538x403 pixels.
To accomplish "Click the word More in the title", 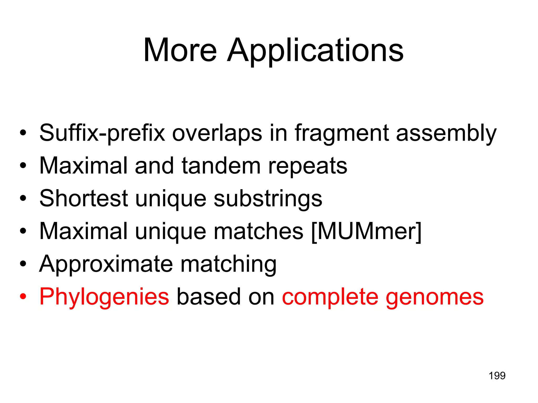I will tap(180, 50).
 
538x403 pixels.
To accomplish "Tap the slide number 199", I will tap(497, 376).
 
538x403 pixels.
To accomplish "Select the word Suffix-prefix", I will tap(102, 133).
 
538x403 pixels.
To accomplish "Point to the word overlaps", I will tap(217, 133).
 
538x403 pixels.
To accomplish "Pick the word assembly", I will tap(446, 133).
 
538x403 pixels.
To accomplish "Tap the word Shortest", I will tap(84, 198).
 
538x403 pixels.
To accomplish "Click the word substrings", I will tap(268, 199).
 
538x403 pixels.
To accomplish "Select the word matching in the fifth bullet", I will tap(229, 264).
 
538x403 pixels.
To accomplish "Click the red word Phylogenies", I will tap(104, 297).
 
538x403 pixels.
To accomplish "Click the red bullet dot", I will tap(23, 296).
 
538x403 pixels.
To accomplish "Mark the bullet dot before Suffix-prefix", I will tap(23, 133).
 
